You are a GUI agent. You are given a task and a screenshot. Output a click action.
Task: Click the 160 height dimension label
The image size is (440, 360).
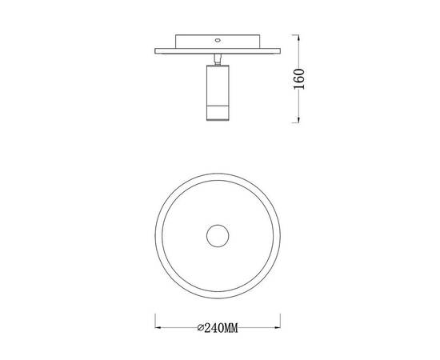299,79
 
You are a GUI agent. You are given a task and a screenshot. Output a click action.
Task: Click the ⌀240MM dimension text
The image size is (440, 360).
218,328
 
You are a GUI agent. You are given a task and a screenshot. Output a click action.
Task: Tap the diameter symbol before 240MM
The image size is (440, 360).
200,328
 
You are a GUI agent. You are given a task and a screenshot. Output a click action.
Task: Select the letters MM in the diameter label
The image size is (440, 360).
231,328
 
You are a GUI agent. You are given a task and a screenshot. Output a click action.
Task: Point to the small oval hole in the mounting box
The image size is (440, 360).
217,40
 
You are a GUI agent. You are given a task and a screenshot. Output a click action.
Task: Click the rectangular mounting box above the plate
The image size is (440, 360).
218,42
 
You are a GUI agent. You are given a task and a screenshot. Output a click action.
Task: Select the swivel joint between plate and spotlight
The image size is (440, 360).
218,59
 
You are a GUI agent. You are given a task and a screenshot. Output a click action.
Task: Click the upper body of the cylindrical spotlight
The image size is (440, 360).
218,86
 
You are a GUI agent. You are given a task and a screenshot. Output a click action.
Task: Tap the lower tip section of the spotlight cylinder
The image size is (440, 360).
218,114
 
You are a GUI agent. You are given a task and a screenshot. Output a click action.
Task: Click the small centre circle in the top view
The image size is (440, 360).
218,236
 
